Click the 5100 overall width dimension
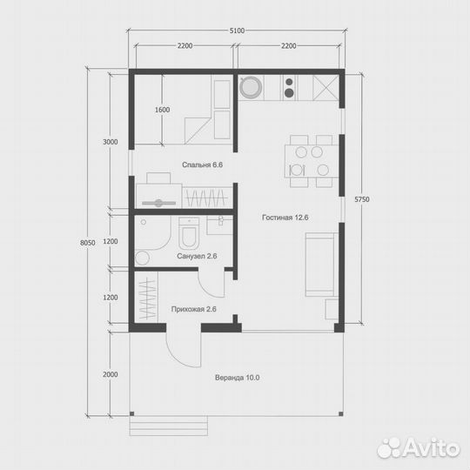tap(237, 30)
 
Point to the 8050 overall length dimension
tap(88, 243)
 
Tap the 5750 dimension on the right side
tap(362, 199)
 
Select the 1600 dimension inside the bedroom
tap(162, 110)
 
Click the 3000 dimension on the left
tap(111, 142)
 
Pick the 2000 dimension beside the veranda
tap(111, 374)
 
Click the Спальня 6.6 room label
tap(202, 164)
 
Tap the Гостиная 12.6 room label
tap(285, 218)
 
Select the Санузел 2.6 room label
tap(197, 256)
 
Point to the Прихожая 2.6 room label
tap(193, 309)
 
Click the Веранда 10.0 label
tap(237, 378)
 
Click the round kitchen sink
tap(251, 87)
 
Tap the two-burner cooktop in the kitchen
tap(289, 88)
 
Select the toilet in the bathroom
tap(189, 233)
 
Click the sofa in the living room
tap(320, 265)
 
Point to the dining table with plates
tap(312, 161)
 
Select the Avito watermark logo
tap(418, 447)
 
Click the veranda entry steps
tap(169, 426)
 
